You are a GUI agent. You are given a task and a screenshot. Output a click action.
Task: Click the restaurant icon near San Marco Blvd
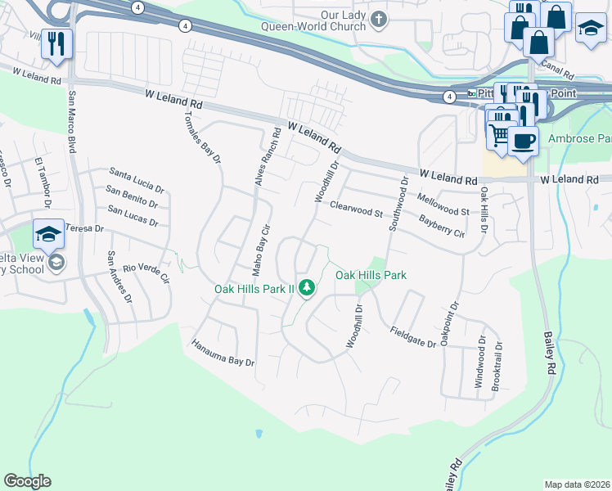56,44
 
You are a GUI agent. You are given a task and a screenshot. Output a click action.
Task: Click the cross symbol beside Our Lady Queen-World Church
377,18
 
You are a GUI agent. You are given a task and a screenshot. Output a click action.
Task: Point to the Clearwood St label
356,210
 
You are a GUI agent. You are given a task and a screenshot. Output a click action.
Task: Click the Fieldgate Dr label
412,337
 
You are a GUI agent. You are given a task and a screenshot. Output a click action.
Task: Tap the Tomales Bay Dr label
202,135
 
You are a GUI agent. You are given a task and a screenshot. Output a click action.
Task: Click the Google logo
28,481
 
